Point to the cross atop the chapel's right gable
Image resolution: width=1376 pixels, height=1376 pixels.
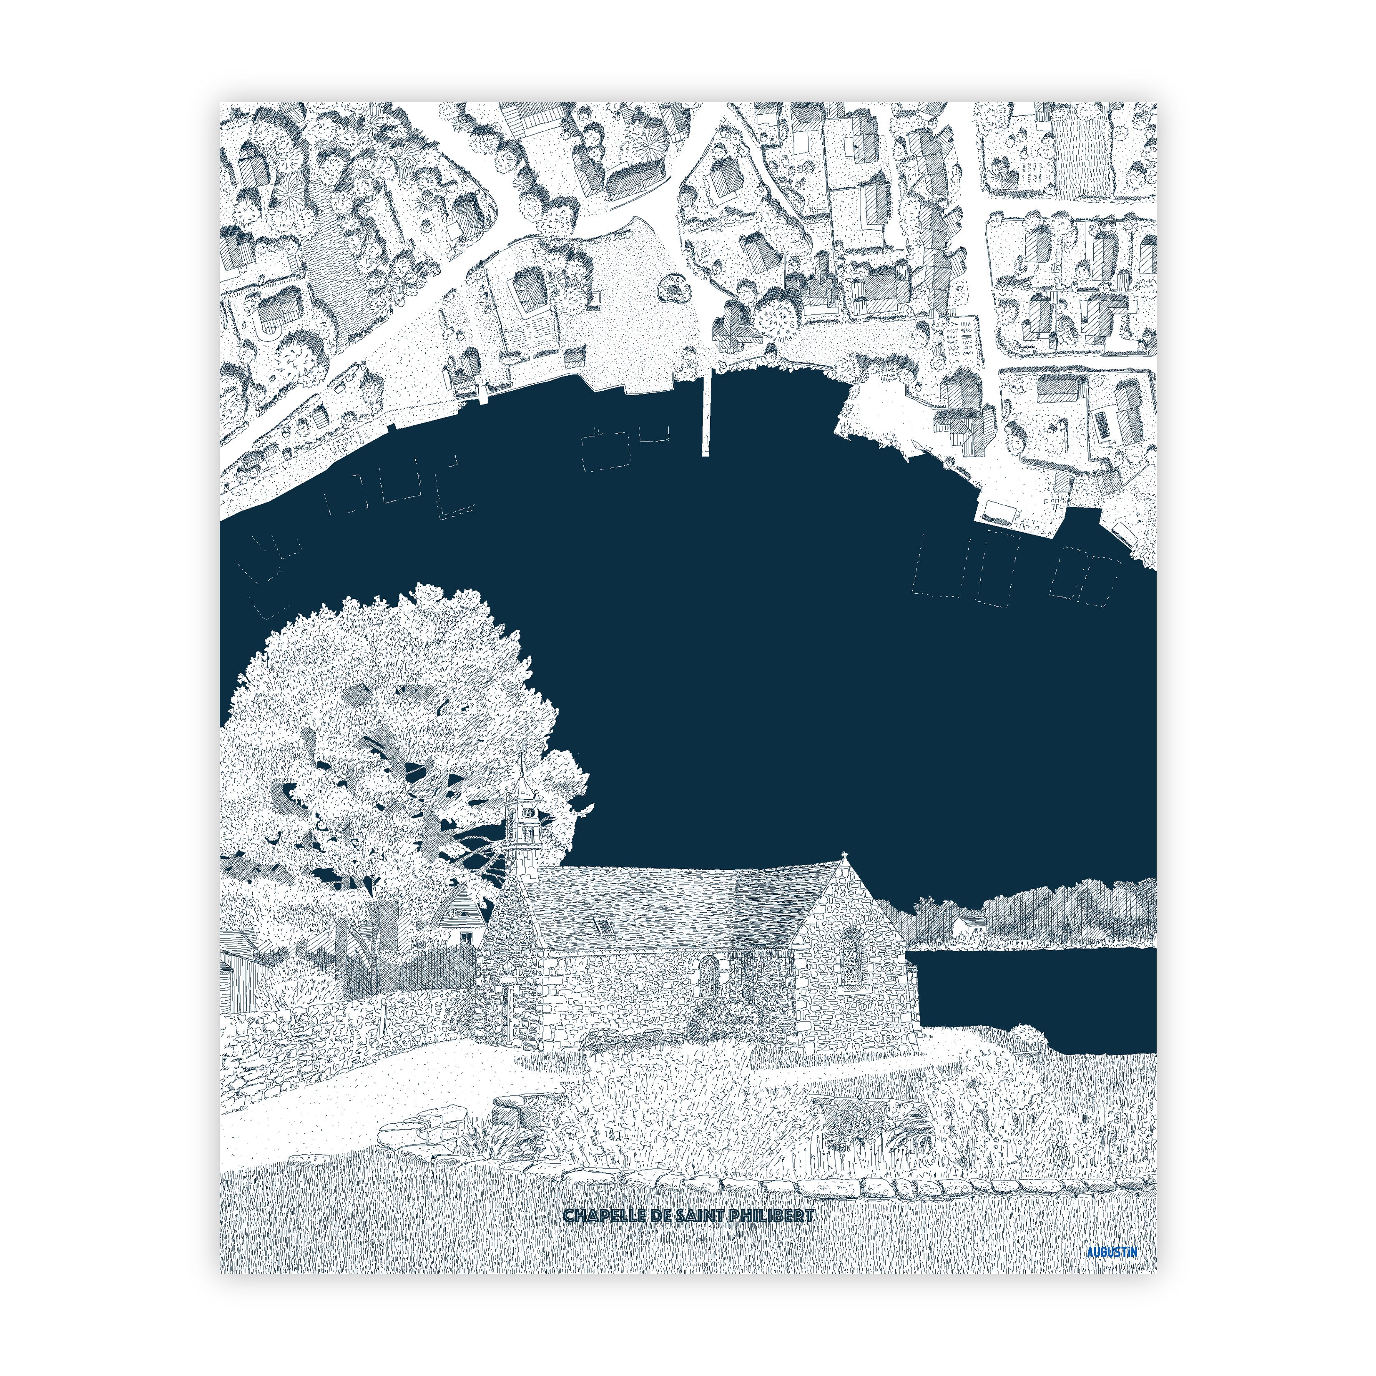click(x=845, y=855)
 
